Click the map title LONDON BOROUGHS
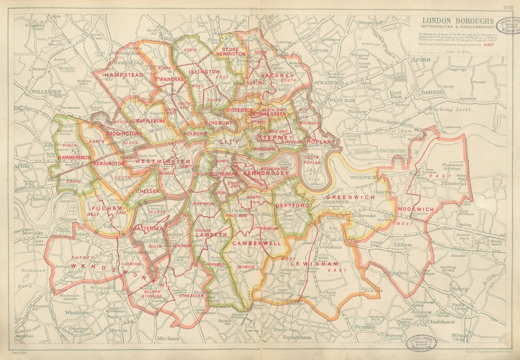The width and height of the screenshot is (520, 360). pos(451,22)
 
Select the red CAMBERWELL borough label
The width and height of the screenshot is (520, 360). pos(256,243)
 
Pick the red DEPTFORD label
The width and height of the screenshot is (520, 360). pos(293,205)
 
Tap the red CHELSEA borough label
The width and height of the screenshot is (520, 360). pos(147,191)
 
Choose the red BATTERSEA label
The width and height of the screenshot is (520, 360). pos(148,228)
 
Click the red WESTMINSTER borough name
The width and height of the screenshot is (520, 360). pos(163,162)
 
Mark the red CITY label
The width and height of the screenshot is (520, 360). pos(227,142)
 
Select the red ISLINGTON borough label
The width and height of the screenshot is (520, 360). pos(204,71)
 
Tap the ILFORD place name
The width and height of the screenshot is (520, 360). pos(421,60)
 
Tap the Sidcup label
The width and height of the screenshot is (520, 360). pos(459,289)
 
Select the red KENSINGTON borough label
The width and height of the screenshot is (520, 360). pos(109,163)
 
